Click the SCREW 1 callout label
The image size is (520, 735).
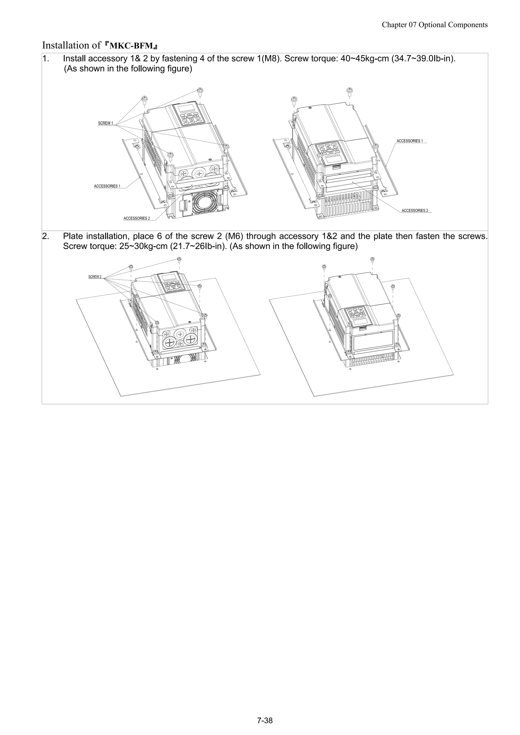105,123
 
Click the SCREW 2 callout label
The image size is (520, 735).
95,277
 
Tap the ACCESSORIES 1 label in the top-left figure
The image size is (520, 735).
107,186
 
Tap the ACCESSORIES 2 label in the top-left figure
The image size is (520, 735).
137,218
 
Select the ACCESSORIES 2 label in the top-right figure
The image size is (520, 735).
415,211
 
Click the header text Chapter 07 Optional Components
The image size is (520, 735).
434,25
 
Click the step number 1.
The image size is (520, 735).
46,59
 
